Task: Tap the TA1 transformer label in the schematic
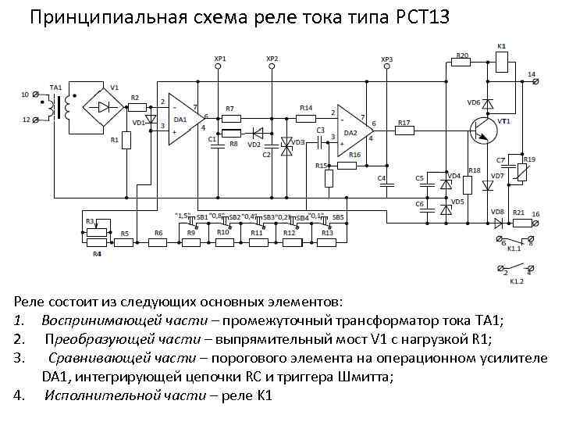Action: (55, 86)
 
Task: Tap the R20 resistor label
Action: (462, 55)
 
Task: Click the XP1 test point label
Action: (219, 59)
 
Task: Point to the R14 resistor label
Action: (306, 106)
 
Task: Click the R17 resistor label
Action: (404, 123)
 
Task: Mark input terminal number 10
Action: (25, 95)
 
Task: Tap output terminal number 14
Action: (532, 74)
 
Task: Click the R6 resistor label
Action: (158, 233)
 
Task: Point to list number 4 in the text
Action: (18, 395)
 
